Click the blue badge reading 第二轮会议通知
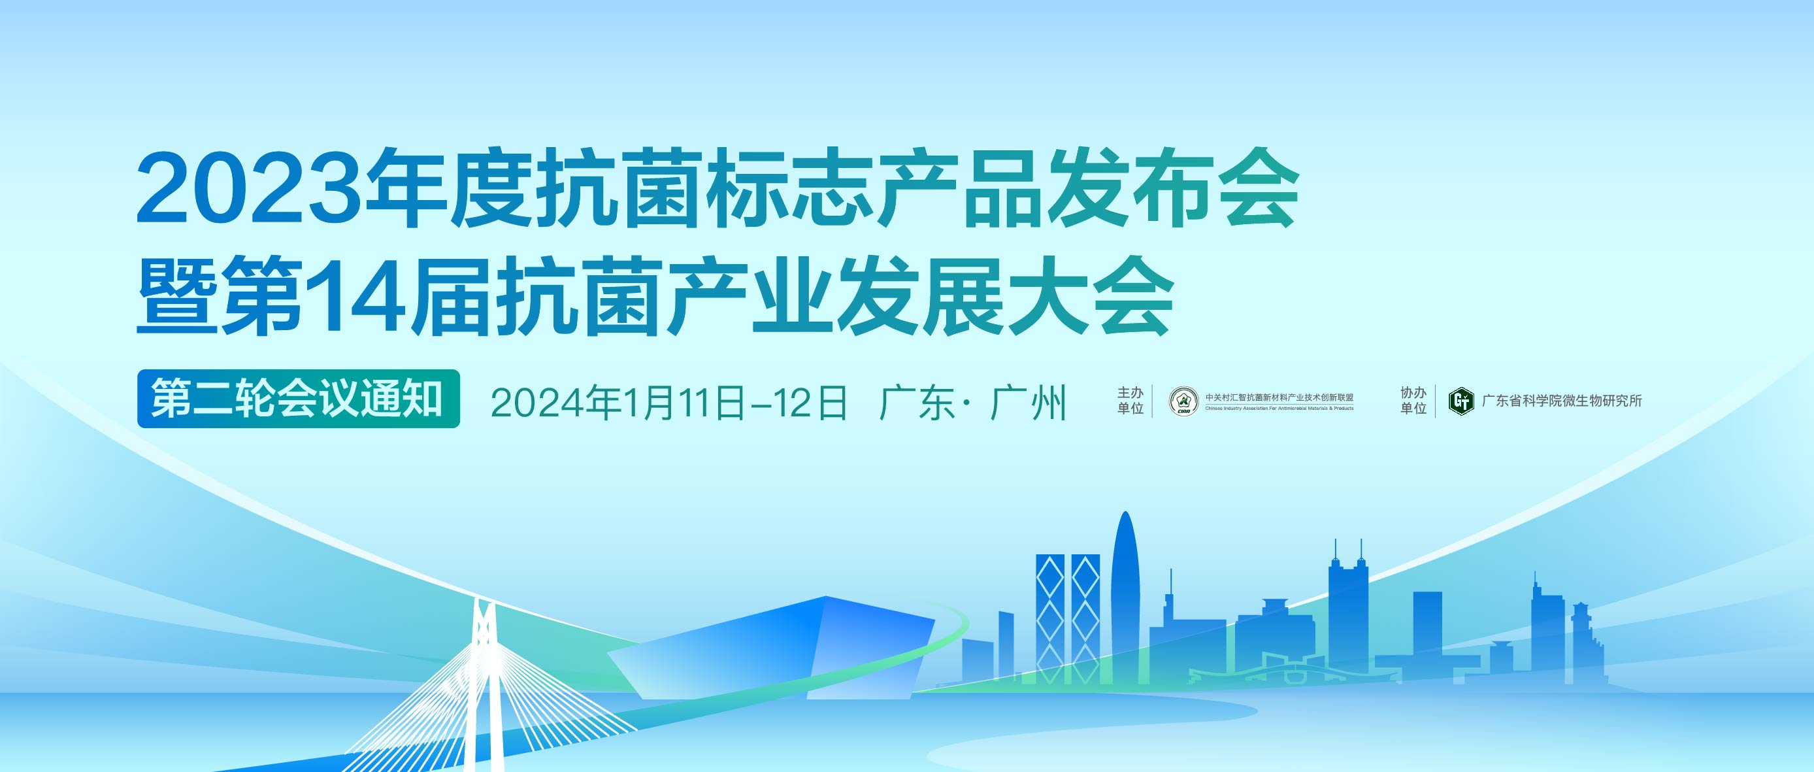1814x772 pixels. click(299, 399)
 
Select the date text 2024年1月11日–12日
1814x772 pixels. click(669, 403)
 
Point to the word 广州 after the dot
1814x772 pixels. click(1029, 403)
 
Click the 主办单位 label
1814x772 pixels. click(1130, 400)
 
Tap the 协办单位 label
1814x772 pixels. click(1413, 400)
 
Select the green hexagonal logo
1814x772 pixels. click(1461, 401)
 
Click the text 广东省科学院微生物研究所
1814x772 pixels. click(1562, 401)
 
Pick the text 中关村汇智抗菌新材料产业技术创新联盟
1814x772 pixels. click(1279, 397)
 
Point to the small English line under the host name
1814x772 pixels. click(1279, 409)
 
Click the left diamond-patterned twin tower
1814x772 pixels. click(1050, 619)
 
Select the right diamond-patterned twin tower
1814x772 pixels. click(1085, 619)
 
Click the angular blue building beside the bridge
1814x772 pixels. click(772, 648)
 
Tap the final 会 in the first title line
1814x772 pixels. click(1259, 188)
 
